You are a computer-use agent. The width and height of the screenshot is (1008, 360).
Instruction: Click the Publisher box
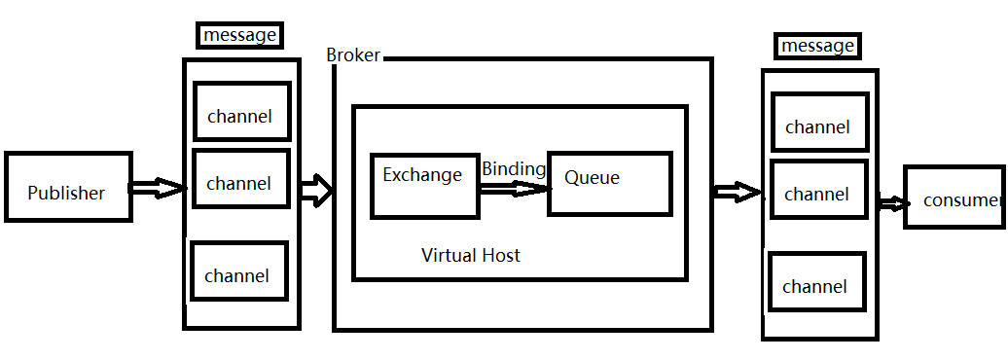click(x=67, y=187)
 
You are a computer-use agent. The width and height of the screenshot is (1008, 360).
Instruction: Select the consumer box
click(x=954, y=198)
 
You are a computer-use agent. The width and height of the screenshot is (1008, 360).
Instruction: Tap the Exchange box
click(x=423, y=184)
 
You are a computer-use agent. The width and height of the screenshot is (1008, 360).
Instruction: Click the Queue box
click(x=609, y=183)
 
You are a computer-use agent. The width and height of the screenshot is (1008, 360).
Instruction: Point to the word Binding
click(x=513, y=168)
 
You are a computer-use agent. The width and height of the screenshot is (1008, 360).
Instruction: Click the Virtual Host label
click(x=470, y=255)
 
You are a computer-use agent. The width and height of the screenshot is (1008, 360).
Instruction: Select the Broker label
click(x=353, y=55)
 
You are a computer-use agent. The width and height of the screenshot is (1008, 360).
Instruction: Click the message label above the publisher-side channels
click(x=240, y=36)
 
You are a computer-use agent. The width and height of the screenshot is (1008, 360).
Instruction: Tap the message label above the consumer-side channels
click(x=817, y=46)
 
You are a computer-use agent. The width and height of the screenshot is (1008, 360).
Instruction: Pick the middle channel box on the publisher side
click(x=240, y=178)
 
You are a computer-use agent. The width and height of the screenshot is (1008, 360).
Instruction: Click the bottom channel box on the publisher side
click(x=238, y=271)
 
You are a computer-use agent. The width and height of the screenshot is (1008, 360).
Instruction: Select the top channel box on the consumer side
click(x=818, y=123)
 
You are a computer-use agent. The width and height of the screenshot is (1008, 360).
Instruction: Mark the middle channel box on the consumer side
click(x=818, y=191)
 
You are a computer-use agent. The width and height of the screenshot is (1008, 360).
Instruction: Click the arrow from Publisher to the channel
click(x=157, y=188)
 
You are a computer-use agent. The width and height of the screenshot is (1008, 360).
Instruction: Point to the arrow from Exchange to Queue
click(x=513, y=189)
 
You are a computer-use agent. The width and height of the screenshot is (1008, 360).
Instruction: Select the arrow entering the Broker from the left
click(x=316, y=190)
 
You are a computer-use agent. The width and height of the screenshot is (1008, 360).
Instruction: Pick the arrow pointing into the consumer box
click(x=892, y=203)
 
